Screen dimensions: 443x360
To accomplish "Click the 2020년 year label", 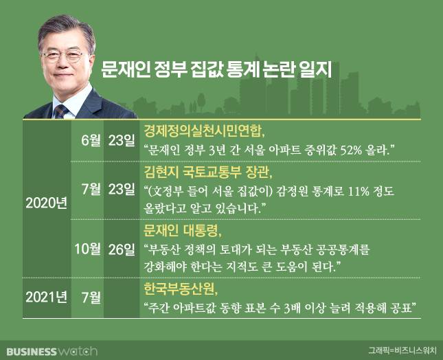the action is click(46, 203).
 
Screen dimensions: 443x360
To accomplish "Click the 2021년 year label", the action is click(46, 297).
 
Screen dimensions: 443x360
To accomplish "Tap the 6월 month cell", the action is click(91, 140).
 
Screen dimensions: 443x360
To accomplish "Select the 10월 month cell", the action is click(87, 249).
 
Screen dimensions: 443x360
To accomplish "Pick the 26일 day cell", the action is click(122, 249).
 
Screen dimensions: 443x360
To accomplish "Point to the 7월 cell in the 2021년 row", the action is click(91, 297).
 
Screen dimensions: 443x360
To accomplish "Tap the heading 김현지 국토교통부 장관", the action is click(208, 172).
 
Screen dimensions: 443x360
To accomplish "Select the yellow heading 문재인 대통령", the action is click(183, 231).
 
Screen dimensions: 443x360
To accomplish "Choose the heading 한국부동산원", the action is click(181, 289).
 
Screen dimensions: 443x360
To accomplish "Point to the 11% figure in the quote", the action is click(359, 192).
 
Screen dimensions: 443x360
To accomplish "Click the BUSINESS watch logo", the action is click(52, 351).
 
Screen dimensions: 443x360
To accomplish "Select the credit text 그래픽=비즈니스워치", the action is click(402, 350).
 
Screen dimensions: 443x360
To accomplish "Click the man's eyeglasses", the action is click(63, 55).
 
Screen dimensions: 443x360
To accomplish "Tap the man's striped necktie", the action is click(61, 111).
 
